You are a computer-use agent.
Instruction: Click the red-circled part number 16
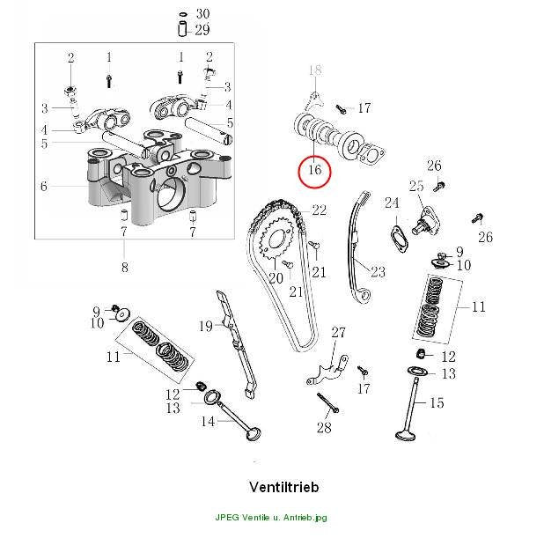pos(315,170)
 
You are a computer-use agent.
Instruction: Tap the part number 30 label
pos(203,14)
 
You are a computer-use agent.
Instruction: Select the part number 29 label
pos(202,30)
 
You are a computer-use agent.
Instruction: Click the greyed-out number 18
pos(315,70)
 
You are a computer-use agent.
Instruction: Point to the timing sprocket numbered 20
pos(276,238)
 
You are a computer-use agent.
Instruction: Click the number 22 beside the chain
pos(320,210)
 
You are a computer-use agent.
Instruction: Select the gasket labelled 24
pos(400,240)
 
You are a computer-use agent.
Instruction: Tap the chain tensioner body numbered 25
pos(426,221)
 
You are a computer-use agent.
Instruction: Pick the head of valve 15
pos(405,436)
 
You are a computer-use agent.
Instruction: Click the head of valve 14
pos(254,434)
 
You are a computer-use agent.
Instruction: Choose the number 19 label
pos(205,327)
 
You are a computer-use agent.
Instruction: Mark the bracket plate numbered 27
pos(327,372)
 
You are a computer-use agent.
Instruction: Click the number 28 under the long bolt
pos(324,428)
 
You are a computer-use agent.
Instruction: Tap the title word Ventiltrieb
pos(283,487)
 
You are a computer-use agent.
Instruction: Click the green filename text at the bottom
pos(271,517)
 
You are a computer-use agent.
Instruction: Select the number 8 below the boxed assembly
pos(124,267)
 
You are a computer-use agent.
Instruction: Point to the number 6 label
pos(43,186)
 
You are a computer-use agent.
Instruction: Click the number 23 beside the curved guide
pos(379,271)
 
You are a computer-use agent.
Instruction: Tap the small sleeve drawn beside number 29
pos(182,29)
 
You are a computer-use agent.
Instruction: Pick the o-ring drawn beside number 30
pos(183,14)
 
